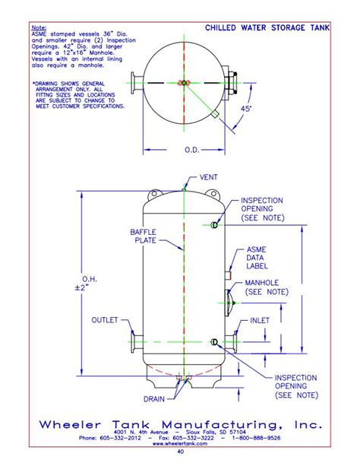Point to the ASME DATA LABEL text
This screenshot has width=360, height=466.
coord(257,258)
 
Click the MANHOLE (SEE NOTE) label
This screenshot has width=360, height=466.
coord(266,287)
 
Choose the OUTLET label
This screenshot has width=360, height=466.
coord(105,320)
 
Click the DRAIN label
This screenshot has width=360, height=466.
coord(154,398)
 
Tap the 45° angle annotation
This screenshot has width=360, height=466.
coord(246,109)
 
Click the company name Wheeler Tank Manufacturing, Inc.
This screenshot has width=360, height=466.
coord(181,423)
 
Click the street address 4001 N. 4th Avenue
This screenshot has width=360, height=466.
coord(147,433)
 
